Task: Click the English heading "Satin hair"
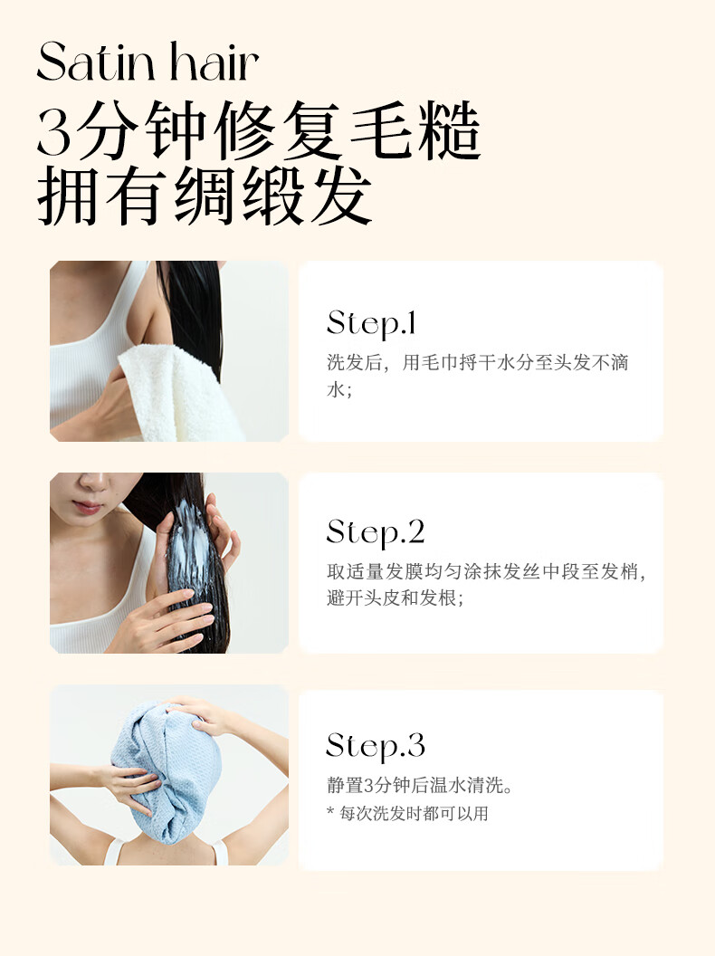(x=148, y=62)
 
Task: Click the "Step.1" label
(x=370, y=323)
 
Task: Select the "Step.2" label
(x=376, y=533)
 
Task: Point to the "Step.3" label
(x=376, y=745)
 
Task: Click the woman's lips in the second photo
(x=87, y=507)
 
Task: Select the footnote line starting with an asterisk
(x=407, y=813)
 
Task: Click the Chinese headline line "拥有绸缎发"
(x=205, y=196)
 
